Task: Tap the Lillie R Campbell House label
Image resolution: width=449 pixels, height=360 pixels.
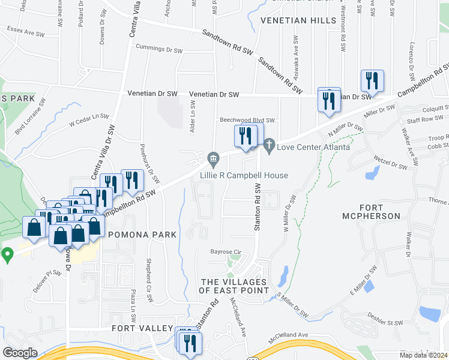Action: pyautogui.click(x=244, y=175)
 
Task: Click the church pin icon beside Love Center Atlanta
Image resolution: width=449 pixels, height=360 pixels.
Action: pyautogui.click(x=269, y=145)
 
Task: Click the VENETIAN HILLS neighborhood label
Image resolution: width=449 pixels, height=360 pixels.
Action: pyautogui.click(x=299, y=20)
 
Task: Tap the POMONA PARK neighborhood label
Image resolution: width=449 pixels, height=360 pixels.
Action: pyautogui.click(x=143, y=235)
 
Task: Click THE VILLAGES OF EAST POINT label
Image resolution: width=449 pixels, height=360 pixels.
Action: pyautogui.click(x=235, y=286)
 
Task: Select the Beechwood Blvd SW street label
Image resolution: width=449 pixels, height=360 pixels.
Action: pyautogui.click(x=247, y=120)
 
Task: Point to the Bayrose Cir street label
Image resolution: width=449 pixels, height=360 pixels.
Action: pyautogui.click(x=225, y=252)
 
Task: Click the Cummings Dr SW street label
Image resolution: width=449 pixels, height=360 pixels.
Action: pyautogui.click(x=159, y=48)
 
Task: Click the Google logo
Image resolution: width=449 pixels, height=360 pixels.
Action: pyautogui.click(x=20, y=353)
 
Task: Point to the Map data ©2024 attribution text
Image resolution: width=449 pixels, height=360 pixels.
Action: pyautogui.click(x=423, y=355)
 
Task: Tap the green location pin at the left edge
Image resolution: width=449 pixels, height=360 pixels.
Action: pyautogui.click(x=7, y=254)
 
